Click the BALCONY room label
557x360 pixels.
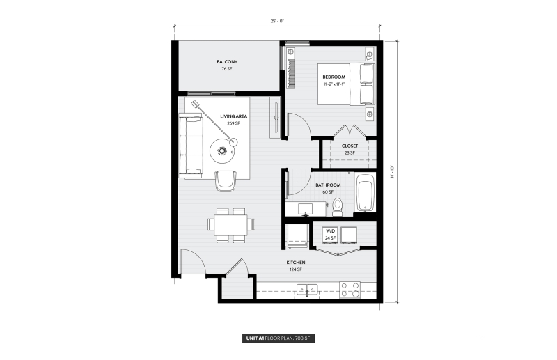coord(227,62)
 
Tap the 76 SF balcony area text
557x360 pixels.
coord(226,70)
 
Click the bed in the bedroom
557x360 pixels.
coord(348,84)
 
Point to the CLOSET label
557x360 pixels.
coord(350,146)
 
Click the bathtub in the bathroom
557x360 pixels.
coord(365,193)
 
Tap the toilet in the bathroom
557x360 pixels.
coord(338,205)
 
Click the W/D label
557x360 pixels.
coord(330,230)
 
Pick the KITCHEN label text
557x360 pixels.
coord(295,263)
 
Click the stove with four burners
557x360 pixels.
coord(350,288)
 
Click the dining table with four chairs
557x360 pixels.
coord(228,225)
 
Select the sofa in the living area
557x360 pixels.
coord(190,146)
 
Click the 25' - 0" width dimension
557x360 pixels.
coord(277,21)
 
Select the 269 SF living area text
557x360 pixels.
coord(233,124)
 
